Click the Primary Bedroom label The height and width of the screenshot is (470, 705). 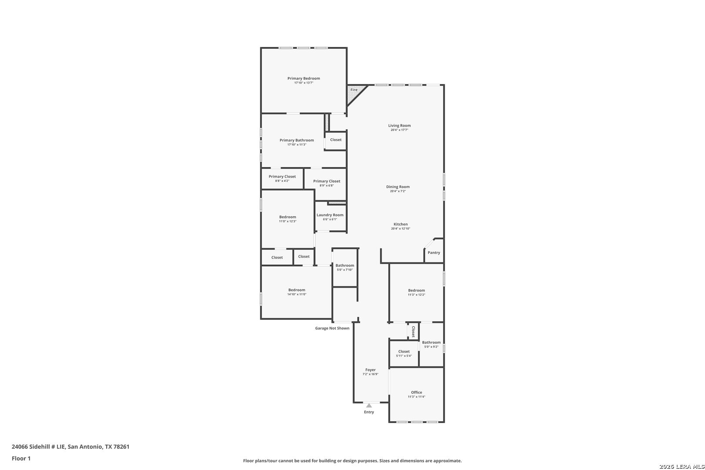tap(303, 78)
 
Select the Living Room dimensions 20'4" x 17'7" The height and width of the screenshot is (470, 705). tap(399, 130)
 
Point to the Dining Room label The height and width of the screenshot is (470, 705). tap(398, 187)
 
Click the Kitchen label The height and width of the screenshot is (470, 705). tap(400, 224)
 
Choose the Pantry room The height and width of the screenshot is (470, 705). tap(434, 252)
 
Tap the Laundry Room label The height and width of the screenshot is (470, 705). tap(330, 215)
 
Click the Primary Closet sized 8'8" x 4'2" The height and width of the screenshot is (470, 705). tap(282, 178)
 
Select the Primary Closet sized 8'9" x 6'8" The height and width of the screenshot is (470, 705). tap(326, 183)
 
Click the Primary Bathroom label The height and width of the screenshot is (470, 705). tap(296, 140)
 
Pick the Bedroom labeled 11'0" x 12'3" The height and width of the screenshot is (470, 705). tap(288, 219)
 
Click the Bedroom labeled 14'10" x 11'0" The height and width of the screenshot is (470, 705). tap(297, 292)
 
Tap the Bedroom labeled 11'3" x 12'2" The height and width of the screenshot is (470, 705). tap(416, 292)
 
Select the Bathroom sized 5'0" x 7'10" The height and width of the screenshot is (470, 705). tap(345, 267)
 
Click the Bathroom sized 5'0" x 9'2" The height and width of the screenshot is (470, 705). tap(431, 344)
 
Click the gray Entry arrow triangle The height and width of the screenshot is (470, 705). tap(369, 406)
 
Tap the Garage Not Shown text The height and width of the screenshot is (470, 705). tap(332, 328)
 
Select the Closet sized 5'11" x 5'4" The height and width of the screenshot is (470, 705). tap(404, 353)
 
